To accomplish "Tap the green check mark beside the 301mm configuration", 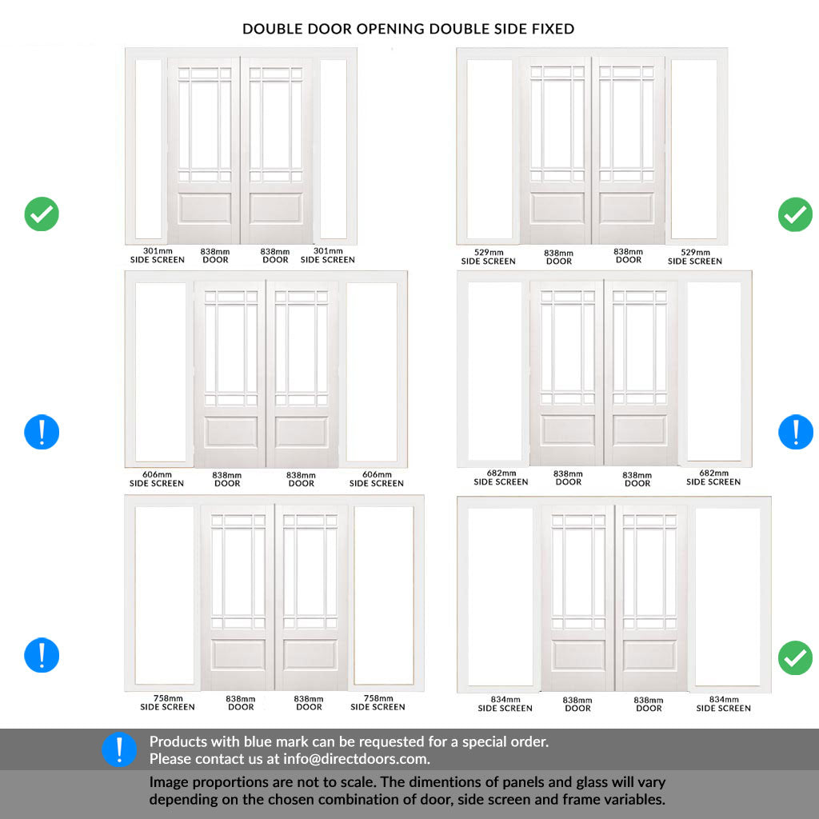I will pyautogui.click(x=42, y=214).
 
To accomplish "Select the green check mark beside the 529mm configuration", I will pyautogui.click(x=795, y=214).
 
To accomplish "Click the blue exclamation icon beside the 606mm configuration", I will pyautogui.click(x=42, y=433).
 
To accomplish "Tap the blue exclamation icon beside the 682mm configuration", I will pyautogui.click(x=795, y=433).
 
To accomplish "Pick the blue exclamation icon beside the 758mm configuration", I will pyautogui.click(x=42, y=655).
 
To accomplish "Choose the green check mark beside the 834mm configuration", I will pyautogui.click(x=795, y=657).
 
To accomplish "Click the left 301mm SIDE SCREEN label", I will pyautogui.click(x=158, y=255).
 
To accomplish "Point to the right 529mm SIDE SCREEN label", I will pyautogui.click(x=694, y=257).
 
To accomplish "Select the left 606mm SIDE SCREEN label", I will pyautogui.click(x=157, y=479).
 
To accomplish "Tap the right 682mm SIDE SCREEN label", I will pyautogui.click(x=713, y=477).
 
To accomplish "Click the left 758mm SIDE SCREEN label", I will pyautogui.click(x=167, y=702).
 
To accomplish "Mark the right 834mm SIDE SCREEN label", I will pyautogui.click(x=723, y=704).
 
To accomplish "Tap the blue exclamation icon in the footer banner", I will pyautogui.click(x=120, y=750).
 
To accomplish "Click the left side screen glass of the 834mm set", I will pyautogui.click(x=500, y=596).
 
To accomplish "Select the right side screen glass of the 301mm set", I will pyautogui.click(x=333, y=149).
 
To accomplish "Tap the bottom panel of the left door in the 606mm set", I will pyautogui.click(x=230, y=432).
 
